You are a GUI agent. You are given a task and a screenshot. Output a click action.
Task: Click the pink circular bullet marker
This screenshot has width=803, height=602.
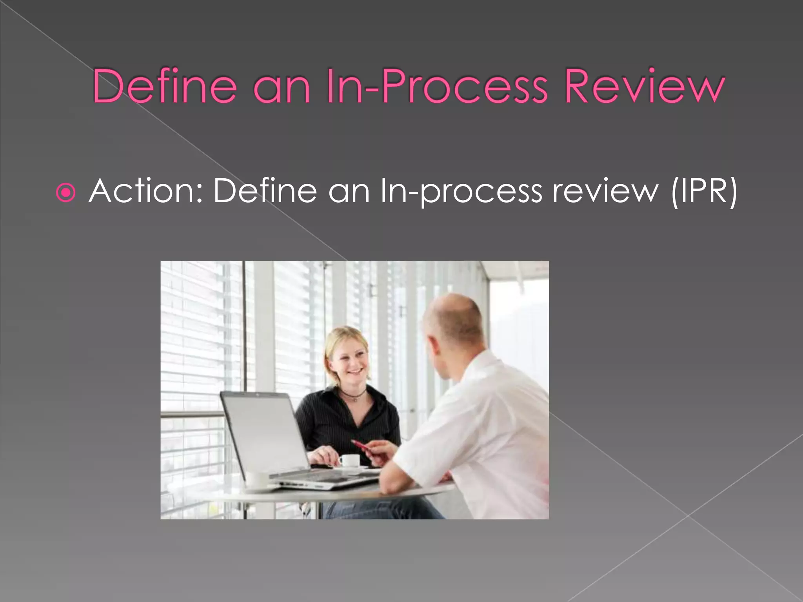coord(65,192)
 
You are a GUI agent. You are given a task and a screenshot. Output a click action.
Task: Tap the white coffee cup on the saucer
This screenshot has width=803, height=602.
coord(349,460)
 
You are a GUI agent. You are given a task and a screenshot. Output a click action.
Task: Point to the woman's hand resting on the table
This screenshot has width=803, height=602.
coord(323,457)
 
